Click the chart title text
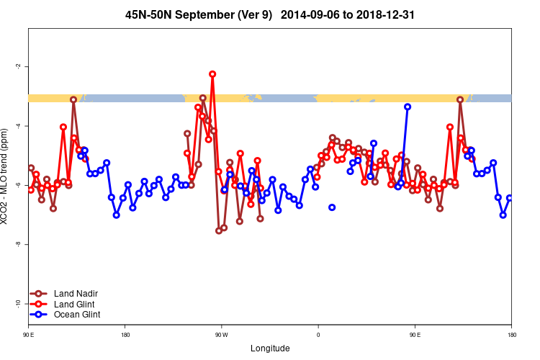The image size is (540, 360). pos(269,14)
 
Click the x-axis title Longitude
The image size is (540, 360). pos(270,348)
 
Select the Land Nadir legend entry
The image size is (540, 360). pos(76,293)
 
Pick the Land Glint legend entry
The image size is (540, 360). pos(74,304)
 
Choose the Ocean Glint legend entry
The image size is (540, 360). pos(77,314)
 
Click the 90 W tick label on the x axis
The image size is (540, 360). pos(221,334)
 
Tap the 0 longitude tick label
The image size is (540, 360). pos(318,334)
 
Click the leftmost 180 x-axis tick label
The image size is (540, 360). pos(125,334)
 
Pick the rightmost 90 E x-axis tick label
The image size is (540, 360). pos(415,334)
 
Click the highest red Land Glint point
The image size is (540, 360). pos(212,74)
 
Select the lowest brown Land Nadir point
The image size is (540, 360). pos(219,231)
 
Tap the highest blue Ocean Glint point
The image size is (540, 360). pos(408,107)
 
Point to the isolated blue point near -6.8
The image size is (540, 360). pos(332,207)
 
